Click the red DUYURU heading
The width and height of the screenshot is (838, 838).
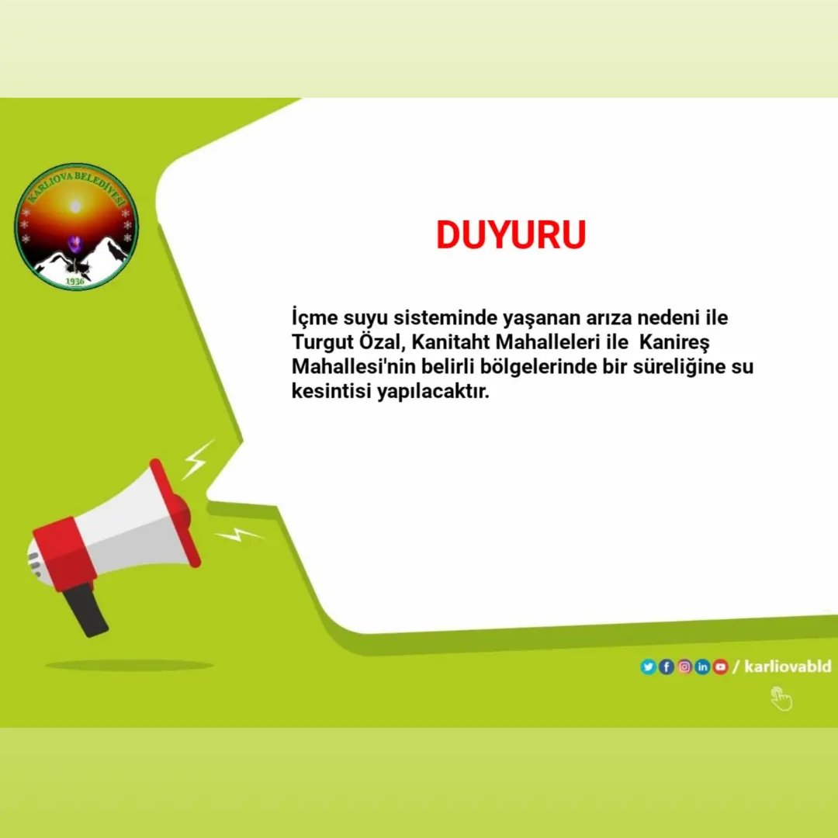tap(511, 235)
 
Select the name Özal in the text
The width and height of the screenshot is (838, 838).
tap(379, 342)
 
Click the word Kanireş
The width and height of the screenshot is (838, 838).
tap(674, 342)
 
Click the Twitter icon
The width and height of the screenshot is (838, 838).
tap(648, 667)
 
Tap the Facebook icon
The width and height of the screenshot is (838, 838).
tap(666, 667)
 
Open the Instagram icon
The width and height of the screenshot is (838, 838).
tap(684, 667)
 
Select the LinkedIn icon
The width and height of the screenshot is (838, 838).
tap(702, 667)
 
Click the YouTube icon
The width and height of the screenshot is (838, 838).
tap(720, 667)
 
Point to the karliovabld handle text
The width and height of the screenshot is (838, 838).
tap(787, 667)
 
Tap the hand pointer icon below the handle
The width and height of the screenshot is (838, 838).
tap(781, 698)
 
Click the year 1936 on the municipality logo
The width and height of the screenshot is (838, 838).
tap(75, 280)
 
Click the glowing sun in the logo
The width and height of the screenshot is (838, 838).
tap(75, 206)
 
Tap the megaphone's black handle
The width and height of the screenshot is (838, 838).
tap(86, 609)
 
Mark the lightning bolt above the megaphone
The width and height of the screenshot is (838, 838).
tap(197, 459)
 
